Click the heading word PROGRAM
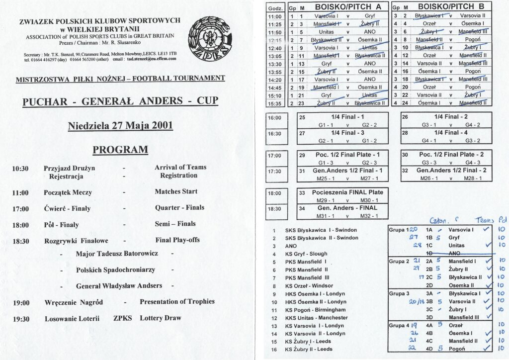120,150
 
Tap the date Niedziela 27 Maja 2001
120,125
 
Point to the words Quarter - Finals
179,207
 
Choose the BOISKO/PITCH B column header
444,7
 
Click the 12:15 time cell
275,39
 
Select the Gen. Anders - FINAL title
344,207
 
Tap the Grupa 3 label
399,293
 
